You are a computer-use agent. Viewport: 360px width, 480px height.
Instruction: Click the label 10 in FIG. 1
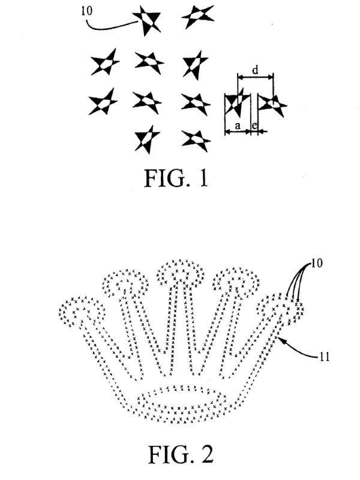click(x=86, y=11)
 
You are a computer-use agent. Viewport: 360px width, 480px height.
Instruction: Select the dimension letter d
click(x=255, y=70)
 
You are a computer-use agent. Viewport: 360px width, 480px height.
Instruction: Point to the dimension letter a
click(x=238, y=125)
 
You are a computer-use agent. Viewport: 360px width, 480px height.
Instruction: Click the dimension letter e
click(x=254, y=125)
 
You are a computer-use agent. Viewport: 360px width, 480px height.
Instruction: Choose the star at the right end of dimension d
click(x=272, y=104)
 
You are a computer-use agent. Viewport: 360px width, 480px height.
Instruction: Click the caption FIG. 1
click(x=176, y=178)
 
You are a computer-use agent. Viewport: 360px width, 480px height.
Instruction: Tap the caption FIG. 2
click(x=181, y=454)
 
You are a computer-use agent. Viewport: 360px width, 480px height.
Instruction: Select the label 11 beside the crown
click(x=324, y=356)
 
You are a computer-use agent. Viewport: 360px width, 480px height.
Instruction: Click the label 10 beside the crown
click(x=317, y=263)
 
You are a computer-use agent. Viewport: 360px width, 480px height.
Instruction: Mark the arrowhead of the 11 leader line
click(x=280, y=339)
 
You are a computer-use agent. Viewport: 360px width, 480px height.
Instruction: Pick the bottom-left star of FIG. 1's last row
click(x=147, y=139)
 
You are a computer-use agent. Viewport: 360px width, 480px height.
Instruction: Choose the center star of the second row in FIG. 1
click(x=149, y=62)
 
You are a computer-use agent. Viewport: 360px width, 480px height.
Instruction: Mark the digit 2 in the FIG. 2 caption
click(x=206, y=454)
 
